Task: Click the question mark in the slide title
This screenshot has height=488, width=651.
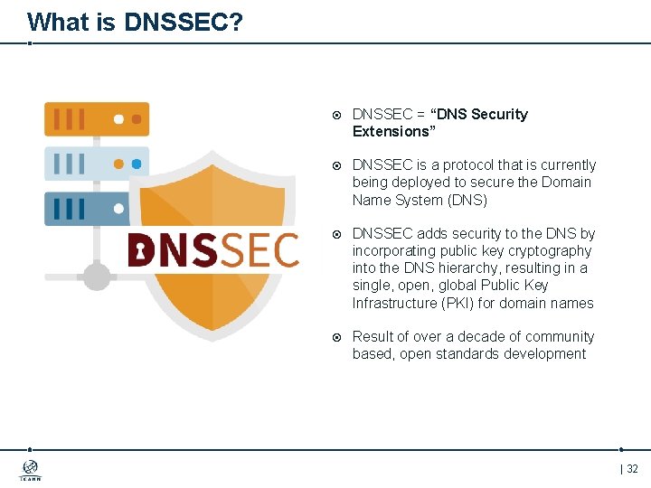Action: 235,22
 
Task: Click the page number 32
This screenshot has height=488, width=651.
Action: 632,469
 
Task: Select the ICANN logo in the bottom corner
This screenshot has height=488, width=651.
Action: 30,470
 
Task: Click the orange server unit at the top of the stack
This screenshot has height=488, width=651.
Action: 97,119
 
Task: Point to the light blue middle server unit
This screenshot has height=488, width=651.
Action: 97,164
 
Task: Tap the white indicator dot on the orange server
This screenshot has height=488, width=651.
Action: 118,118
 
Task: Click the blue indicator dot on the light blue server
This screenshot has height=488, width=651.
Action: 137,164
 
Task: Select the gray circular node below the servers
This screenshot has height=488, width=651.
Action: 97,276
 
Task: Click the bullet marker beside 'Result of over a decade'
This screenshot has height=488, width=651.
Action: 336,337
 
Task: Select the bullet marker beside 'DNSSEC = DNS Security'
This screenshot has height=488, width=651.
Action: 336,115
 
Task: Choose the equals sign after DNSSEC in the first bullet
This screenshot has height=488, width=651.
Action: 420,115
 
